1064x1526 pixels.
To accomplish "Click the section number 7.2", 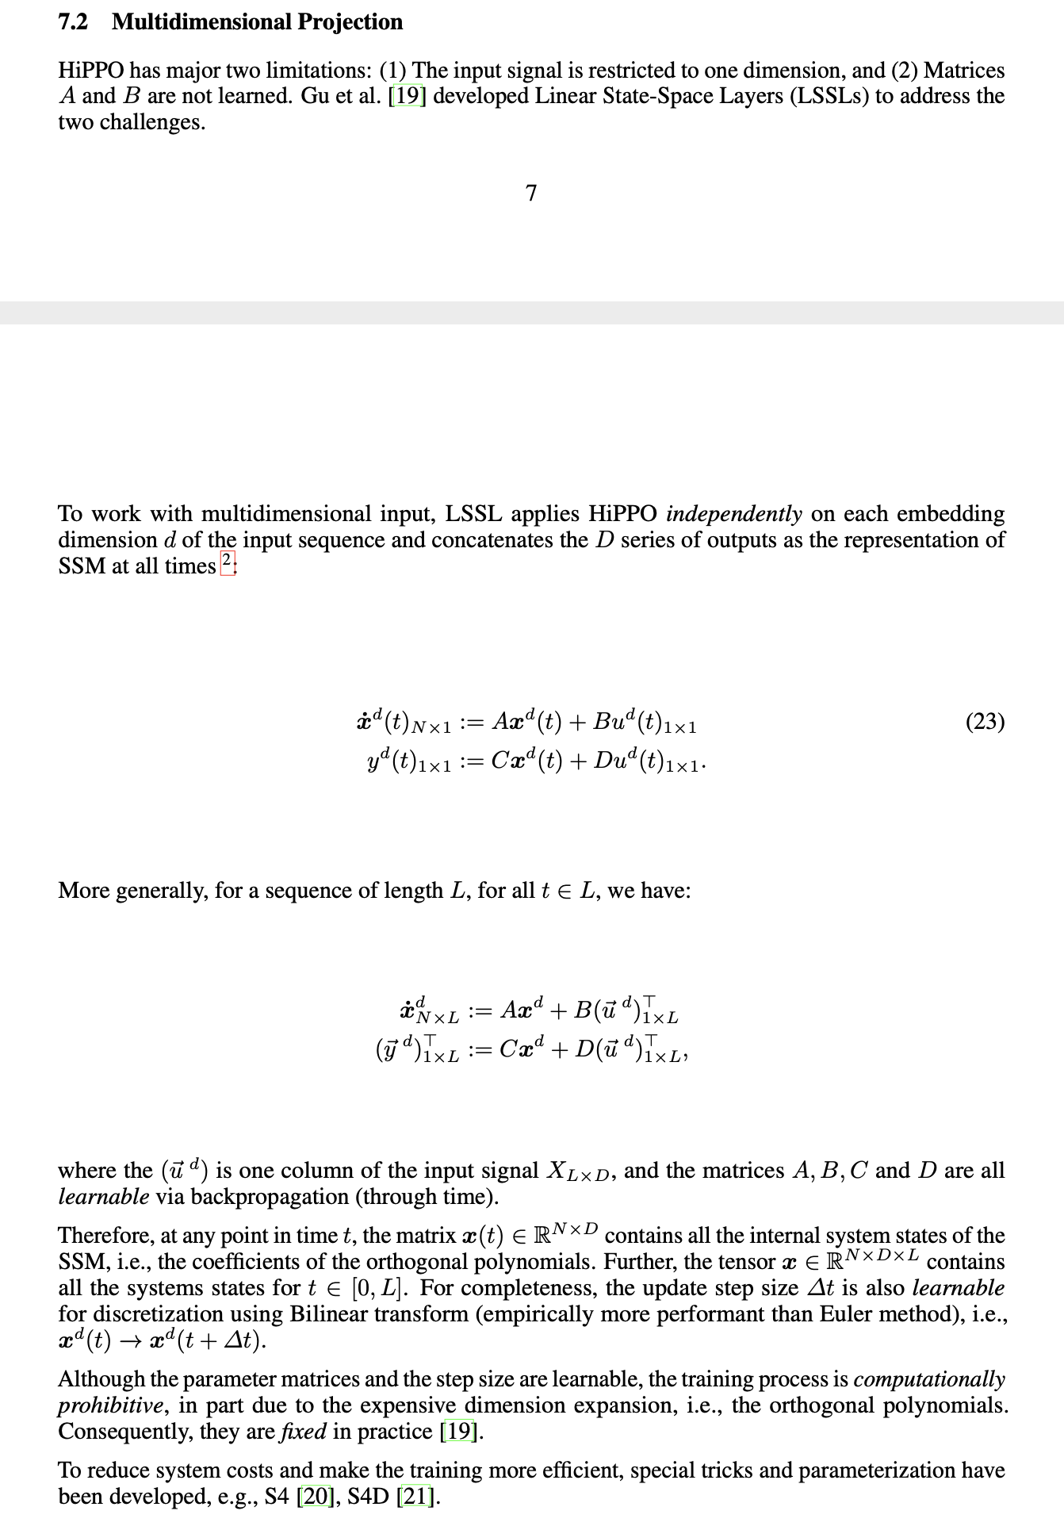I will click(x=73, y=22).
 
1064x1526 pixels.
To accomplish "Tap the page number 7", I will click(x=531, y=193).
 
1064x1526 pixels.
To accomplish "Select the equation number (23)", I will click(x=985, y=722).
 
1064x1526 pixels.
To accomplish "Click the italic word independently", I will click(x=733, y=514).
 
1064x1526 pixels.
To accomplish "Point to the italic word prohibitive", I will click(x=110, y=1405).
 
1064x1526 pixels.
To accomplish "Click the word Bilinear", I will click(x=334, y=1314).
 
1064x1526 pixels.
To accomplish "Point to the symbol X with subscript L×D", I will click(x=576, y=1171).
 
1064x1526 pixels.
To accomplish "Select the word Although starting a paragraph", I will click(x=101, y=1379).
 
